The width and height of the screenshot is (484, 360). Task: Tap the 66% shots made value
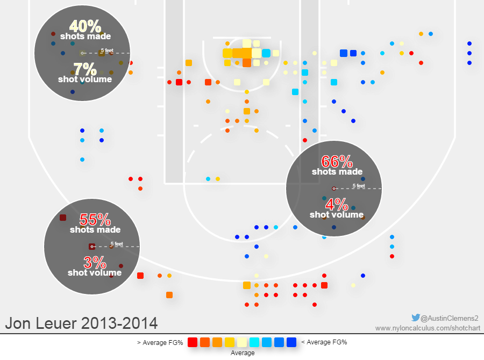(x=337, y=161)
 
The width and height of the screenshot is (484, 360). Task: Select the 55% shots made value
(x=95, y=219)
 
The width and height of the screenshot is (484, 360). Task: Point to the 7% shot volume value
(x=84, y=69)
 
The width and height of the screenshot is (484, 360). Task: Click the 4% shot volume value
(x=337, y=204)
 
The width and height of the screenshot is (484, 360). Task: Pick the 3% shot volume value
(x=95, y=263)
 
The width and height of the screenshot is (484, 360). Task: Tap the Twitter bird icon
(x=415, y=318)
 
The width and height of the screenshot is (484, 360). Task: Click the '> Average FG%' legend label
(x=160, y=342)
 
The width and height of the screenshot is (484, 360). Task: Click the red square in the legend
(x=193, y=342)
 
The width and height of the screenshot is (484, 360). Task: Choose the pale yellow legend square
(x=242, y=342)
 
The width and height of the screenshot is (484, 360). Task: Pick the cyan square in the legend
(x=254, y=342)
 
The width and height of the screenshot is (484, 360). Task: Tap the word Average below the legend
(x=242, y=353)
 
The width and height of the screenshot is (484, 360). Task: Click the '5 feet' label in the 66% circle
(x=359, y=186)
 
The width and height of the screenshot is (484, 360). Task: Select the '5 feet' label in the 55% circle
(x=117, y=244)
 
